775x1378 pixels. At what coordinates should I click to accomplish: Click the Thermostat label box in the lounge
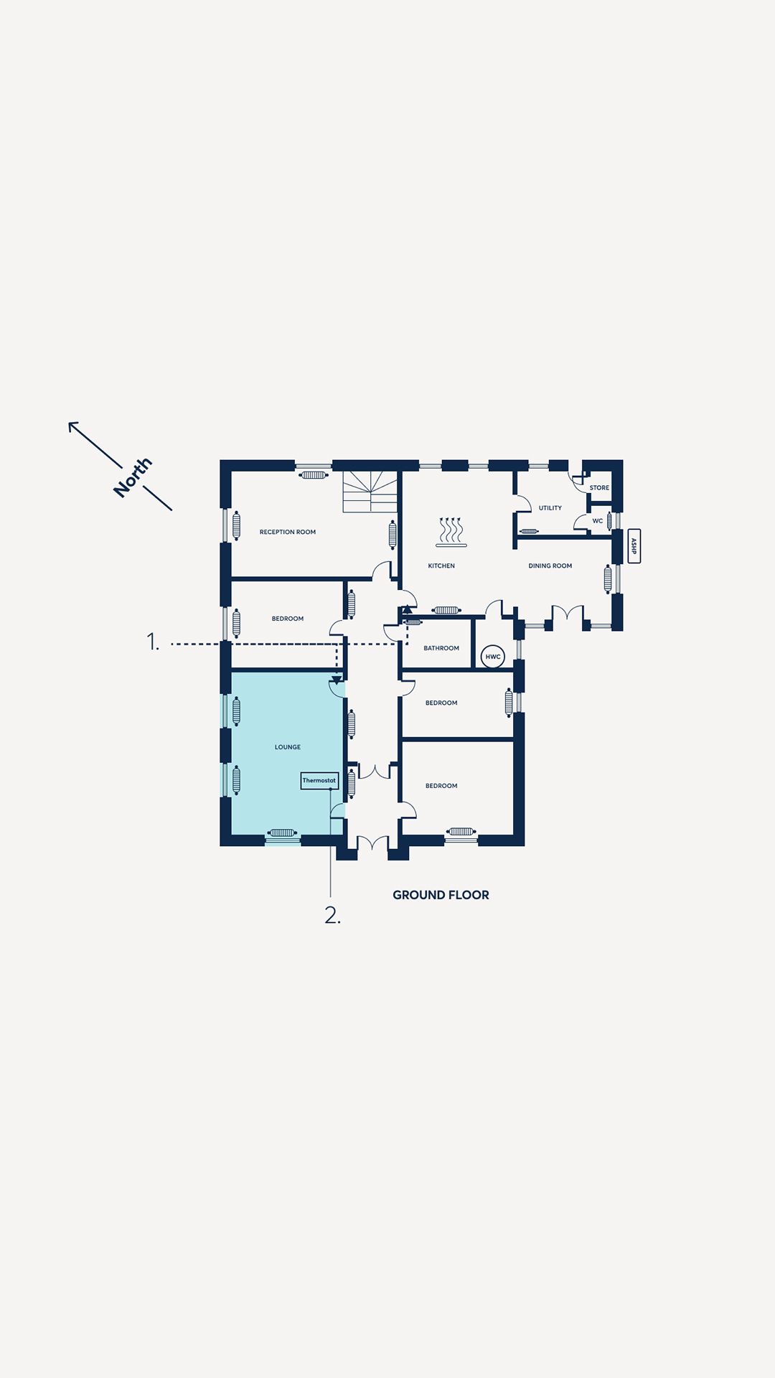319,780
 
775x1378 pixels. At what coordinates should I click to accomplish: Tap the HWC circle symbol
493,657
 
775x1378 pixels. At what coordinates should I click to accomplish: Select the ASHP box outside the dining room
634,546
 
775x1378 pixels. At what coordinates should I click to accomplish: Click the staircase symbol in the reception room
370,492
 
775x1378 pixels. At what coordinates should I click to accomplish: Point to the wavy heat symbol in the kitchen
451,532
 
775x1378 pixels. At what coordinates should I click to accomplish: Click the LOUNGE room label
288,747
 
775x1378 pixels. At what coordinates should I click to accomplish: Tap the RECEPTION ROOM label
288,532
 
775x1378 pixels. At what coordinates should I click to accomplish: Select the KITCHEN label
441,566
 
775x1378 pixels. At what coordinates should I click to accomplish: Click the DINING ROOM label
550,566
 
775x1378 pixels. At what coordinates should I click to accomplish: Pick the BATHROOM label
441,648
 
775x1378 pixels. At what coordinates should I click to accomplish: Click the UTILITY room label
550,508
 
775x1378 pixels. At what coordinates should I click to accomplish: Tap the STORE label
599,488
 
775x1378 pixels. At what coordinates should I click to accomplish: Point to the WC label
598,521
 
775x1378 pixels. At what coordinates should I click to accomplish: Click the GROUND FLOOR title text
441,895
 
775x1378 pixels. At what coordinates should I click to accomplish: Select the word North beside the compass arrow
133,477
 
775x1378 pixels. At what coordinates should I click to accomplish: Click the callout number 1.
153,641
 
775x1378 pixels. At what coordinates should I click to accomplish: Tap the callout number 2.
332,915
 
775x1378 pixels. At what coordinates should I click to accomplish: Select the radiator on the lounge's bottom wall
282,833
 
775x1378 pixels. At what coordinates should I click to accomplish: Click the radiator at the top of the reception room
314,474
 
